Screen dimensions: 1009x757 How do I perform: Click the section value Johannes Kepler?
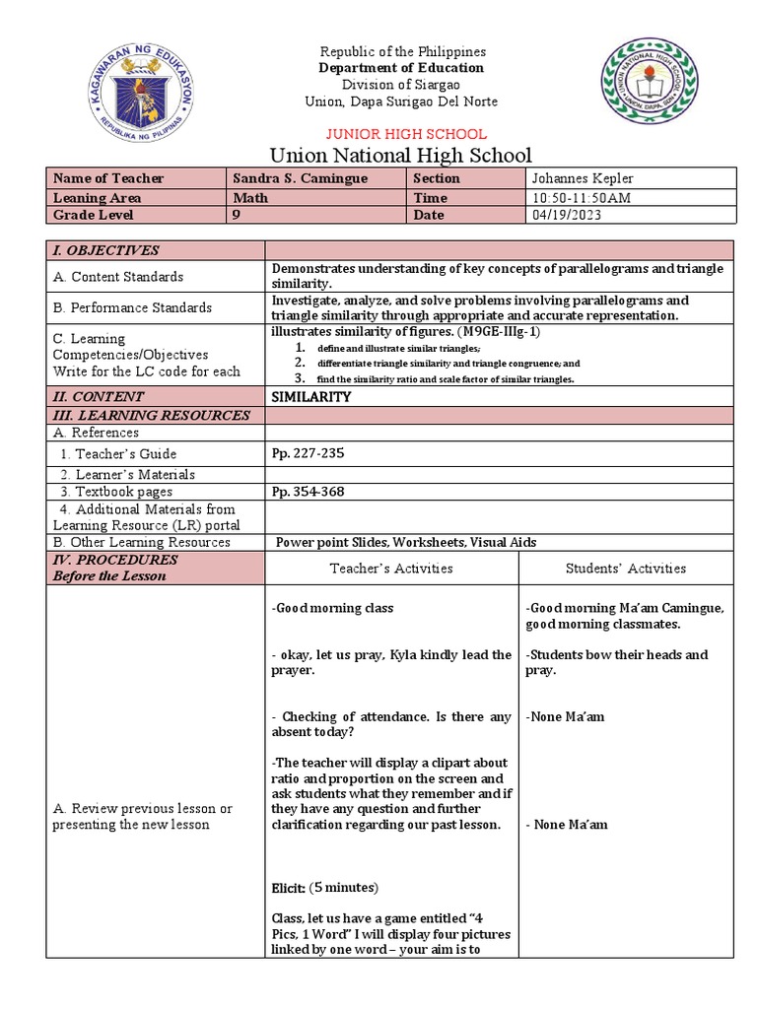pos(583,178)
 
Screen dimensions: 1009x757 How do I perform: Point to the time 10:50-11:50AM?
pos(580,197)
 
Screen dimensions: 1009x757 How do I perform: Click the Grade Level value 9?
pos(236,215)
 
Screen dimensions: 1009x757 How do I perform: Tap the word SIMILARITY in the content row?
pos(311,395)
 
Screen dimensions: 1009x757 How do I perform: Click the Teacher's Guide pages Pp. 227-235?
pos(309,453)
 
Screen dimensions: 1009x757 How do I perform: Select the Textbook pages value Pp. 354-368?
pos(309,491)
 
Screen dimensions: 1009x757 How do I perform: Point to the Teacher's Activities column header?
pos(391,568)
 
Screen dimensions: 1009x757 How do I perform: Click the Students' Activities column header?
pos(626,568)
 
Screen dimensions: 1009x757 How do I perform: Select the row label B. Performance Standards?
pos(131,307)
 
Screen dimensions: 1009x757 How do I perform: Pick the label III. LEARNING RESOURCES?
pos(150,415)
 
